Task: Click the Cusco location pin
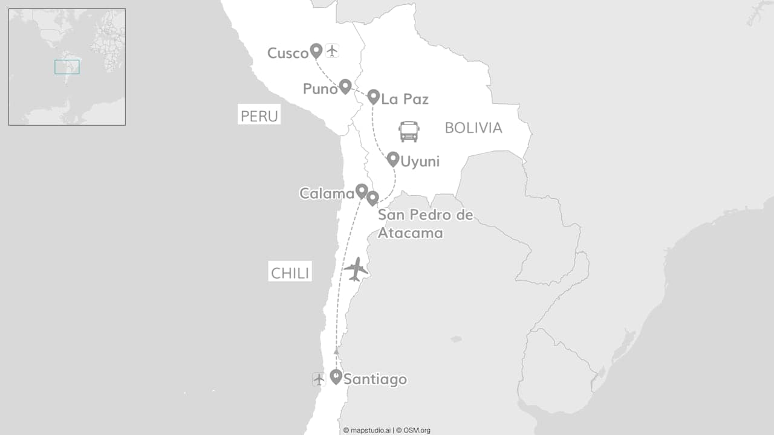316,50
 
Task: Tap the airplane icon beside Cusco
331,51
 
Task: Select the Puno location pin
345,86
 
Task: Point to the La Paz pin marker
373,96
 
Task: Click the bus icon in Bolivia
409,131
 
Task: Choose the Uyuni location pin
393,159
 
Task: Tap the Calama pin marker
361,191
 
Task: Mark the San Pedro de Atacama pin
372,198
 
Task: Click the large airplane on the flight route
356,269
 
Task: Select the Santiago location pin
336,376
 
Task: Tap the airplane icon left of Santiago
319,379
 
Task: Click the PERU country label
259,116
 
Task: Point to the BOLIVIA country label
473,127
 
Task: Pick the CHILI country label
290,273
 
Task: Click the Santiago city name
375,379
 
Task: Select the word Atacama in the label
411,233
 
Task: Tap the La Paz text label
405,98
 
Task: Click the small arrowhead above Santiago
336,351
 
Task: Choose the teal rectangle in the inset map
67,67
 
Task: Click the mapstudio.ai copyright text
367,430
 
